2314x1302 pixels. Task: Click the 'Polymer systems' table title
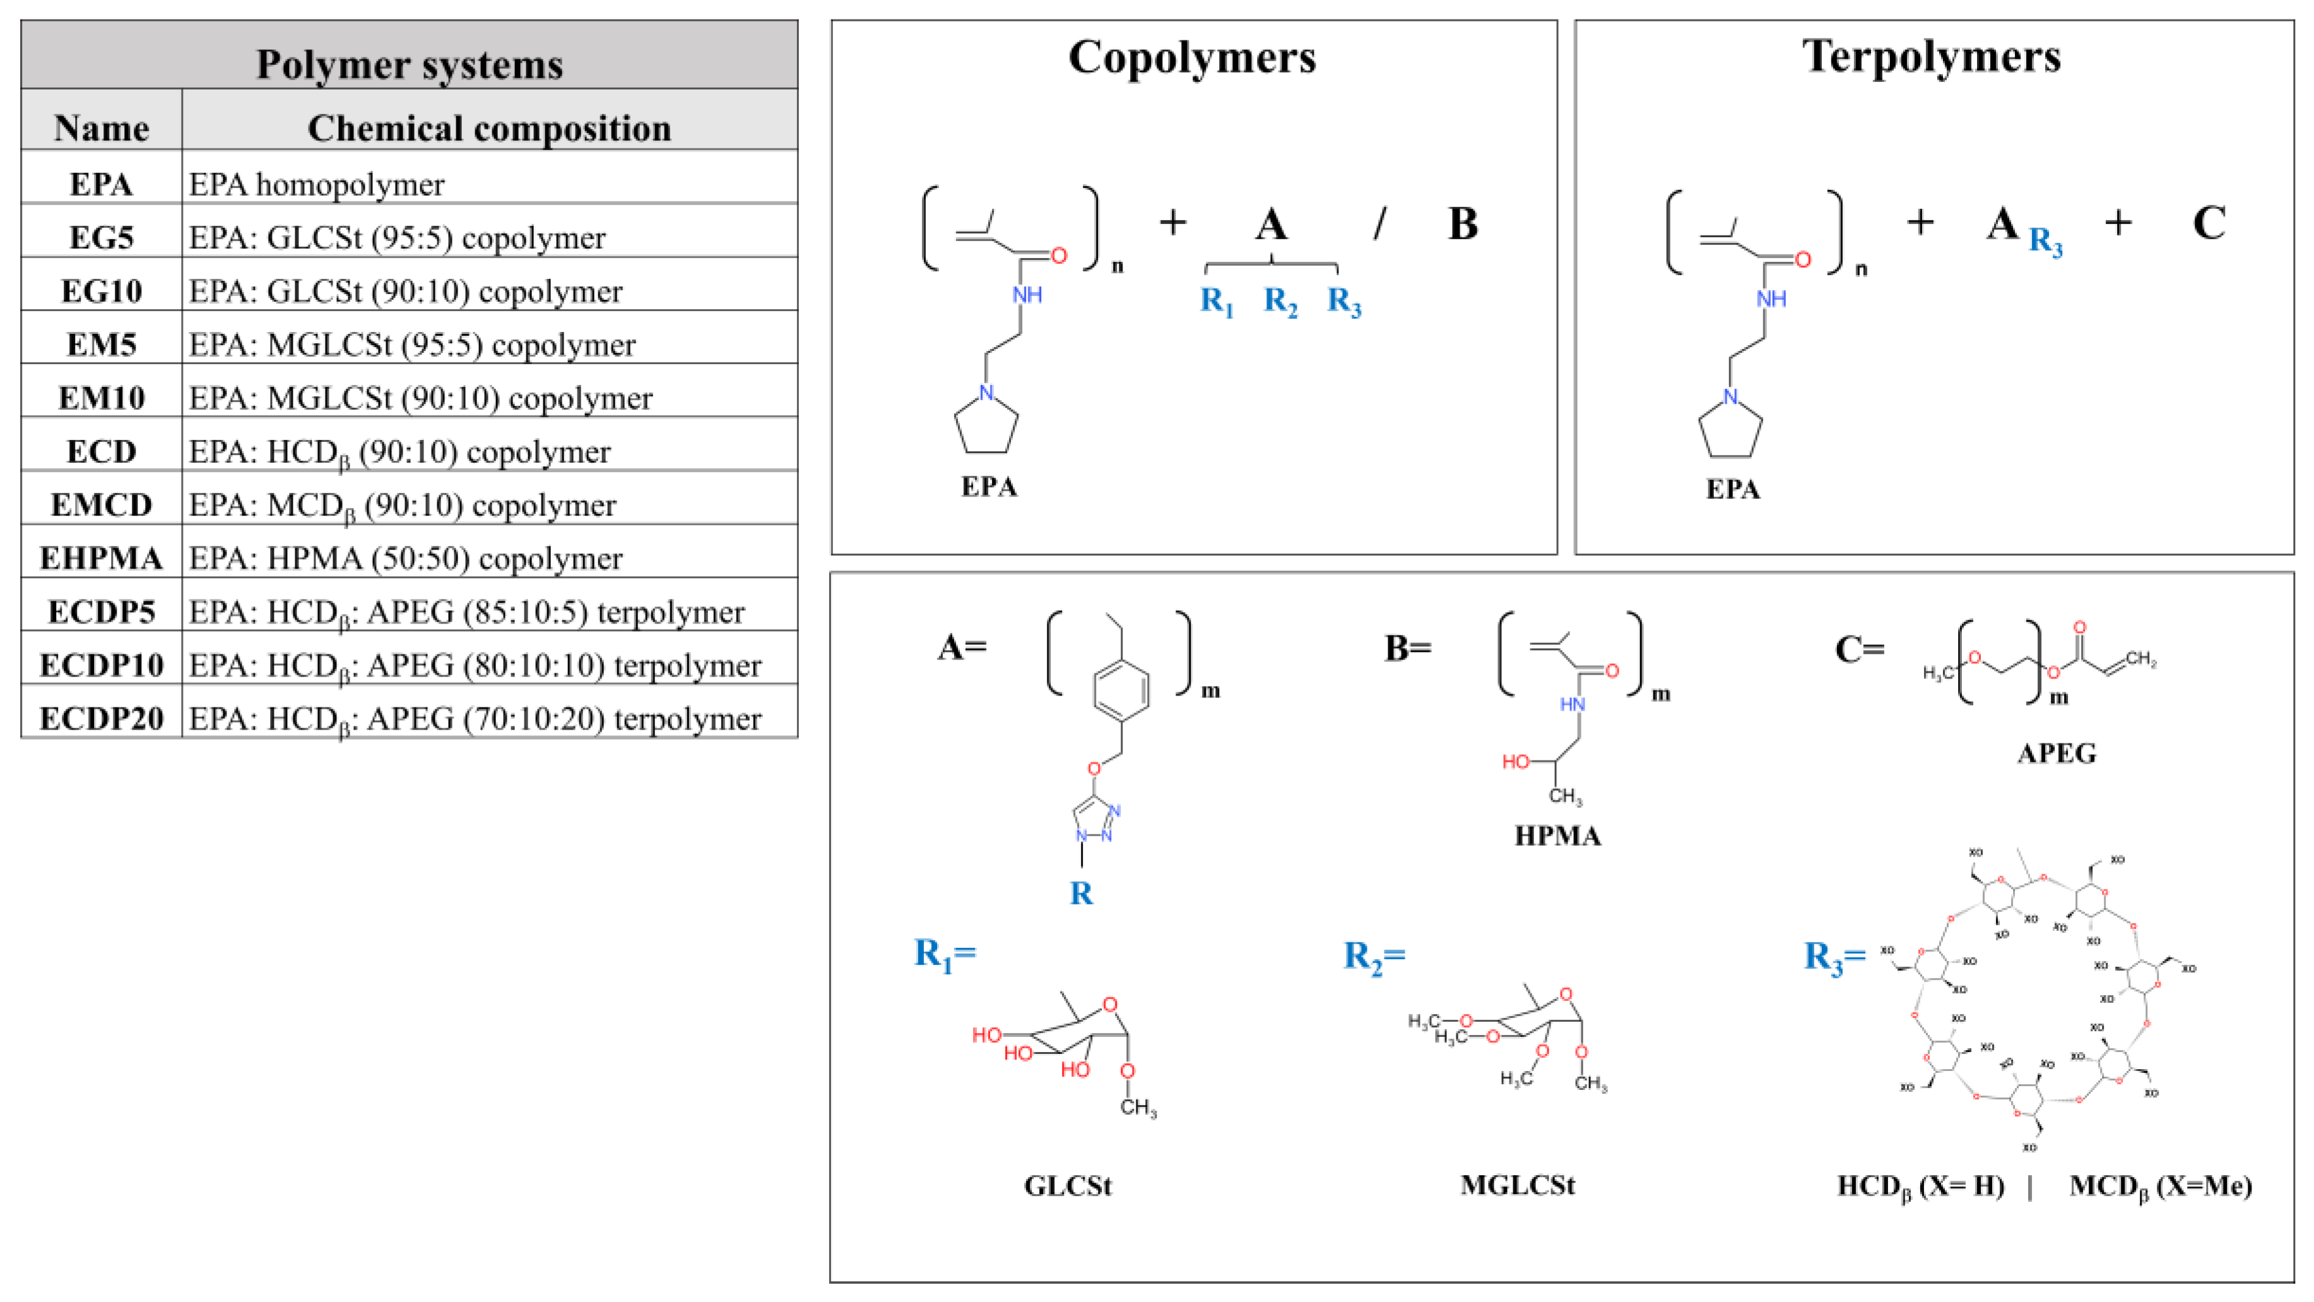(410, 65)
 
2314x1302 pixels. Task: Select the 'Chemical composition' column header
(490, 129)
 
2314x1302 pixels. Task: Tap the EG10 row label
(102, 291)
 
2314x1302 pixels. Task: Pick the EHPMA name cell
(102, 558)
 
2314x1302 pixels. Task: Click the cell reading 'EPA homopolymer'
(316, 185)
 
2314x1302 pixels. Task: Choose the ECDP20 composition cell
(475, 719)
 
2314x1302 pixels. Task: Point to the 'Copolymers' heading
(1192, 57)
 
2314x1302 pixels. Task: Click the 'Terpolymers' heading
(1932, 57)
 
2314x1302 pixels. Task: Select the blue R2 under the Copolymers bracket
(1280, 301)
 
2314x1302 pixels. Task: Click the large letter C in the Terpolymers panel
(2209, 223)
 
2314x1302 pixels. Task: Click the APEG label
(2057, 753)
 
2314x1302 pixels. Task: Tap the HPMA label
(1557, 836)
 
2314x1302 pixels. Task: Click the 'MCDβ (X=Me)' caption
(2161, 1186)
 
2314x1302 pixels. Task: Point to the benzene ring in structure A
(1121, 690)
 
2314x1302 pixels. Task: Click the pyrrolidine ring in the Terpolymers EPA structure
(1730, 430)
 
